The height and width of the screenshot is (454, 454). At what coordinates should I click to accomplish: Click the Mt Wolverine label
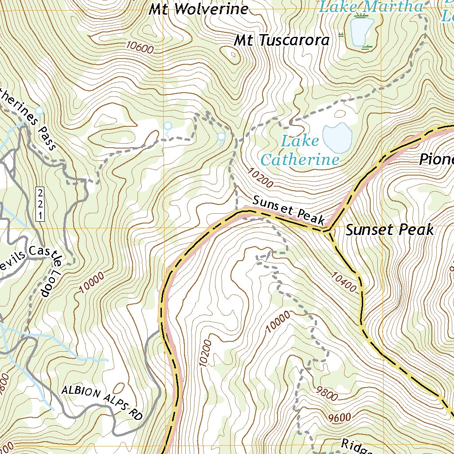coord(198,9)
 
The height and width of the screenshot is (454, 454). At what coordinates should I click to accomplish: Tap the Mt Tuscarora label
coord(282,40)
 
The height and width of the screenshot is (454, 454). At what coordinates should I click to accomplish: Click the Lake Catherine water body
coord(337,137)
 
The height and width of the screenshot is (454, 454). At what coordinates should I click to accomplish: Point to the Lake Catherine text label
coord(300,150)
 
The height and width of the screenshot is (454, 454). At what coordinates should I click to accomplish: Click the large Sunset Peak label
coord(389,230)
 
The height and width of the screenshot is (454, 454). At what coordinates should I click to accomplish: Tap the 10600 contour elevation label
coord(139,46)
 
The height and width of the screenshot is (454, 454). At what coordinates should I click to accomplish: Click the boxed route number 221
coord(40,204)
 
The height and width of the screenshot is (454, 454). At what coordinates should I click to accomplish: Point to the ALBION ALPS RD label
coord(102,403)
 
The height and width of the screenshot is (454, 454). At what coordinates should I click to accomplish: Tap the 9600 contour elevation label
coord(340,417)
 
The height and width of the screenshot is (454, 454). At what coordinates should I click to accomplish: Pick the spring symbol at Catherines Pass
coord(40,110)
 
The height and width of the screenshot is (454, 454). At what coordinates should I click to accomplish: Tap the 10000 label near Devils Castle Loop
coord(93,284)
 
